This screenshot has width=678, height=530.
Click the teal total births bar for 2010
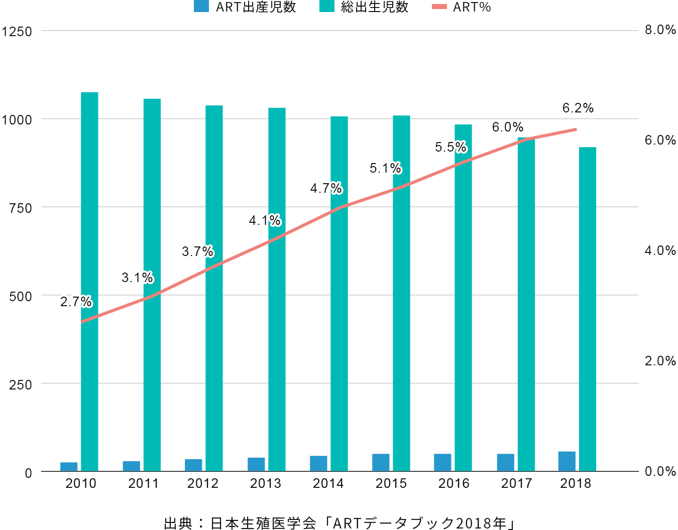pyautogui.click(x=89, y=281)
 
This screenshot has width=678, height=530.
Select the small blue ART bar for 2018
pyautogui.click(x=567, y=461)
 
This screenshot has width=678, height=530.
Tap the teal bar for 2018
pyautogui.click(x=587, y=309)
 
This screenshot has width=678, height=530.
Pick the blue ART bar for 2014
pyautogui.click(x=318, y=463)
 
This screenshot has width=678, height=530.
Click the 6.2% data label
pyautogui.click(x=578, y=108)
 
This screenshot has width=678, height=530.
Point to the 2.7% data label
pyautogui.click(x=75, y=302)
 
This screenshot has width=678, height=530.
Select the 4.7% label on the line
pyautogui.click(x=325, y=188)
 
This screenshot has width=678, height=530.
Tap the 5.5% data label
pyautogui.click(x=450, y=147)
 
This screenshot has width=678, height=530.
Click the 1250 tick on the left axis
pyautogui.click(x=17, y=32)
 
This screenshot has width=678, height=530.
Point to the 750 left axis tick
pyautogui.click(x=21, y=208)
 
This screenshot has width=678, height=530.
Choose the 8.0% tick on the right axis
pyautogui.click(x=660, y=30)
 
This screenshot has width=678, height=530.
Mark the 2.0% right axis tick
pyautogui.click(x=660, y=361)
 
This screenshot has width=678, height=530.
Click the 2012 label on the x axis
pyautogui.click(x=203, y=483)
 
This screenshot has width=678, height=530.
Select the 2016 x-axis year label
pyautogui.click(x=454, y=483)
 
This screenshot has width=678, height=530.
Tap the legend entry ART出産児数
pyautogui.click(x=246, y=7)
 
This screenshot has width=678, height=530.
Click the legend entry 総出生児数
pyautogui.click(x=365, y=7)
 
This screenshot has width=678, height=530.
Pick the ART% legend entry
pyautogui.click(x=462, y=7)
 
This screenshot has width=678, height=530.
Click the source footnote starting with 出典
pyautogui.click(x=340, y=523)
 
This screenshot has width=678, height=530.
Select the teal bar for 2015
pyautogui.click(x=401, y=293)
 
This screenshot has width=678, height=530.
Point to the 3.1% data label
pyautogui.click(x=137, y=278)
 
